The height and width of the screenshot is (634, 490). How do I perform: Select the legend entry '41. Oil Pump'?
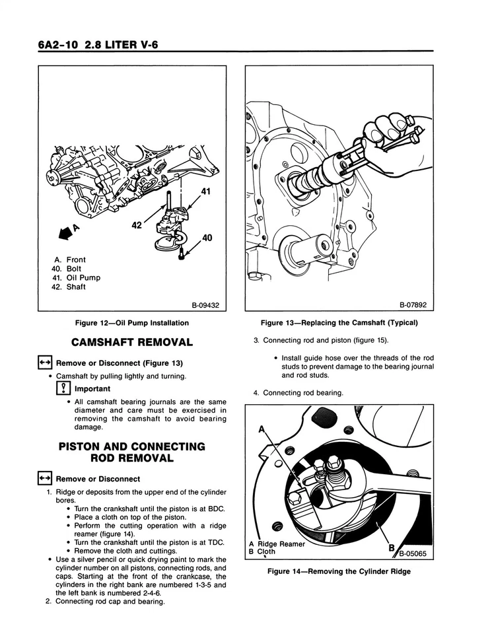(75, 278)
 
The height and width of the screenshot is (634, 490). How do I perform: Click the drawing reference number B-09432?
(205, 305)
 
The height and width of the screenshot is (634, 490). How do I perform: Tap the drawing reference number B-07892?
(413, 305)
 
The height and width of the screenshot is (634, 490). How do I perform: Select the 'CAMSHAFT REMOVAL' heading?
(132, 342)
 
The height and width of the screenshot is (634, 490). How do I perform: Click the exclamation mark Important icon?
(63, 389)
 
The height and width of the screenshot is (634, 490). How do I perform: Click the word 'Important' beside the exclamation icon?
(92, 389)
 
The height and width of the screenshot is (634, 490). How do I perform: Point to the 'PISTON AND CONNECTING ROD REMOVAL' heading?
(132, 452)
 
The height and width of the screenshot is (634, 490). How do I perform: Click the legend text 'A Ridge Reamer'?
(277, 544)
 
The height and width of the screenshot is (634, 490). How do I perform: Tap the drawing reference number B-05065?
(414, 555)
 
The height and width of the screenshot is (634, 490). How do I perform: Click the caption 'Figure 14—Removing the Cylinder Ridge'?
(339, 571)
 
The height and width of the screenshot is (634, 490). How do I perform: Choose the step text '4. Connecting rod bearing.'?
(298, 393)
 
